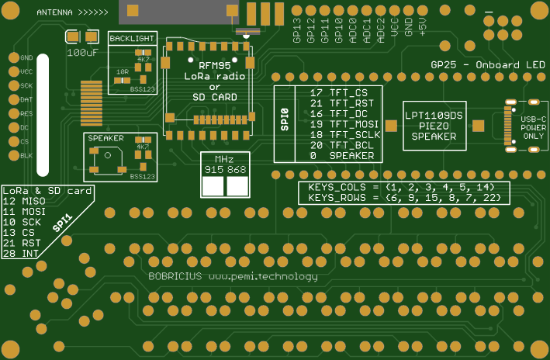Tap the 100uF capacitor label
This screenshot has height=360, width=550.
pyautogui.click(x=82, y=53)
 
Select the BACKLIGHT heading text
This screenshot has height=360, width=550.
pyautogui.click(x=130, y=37)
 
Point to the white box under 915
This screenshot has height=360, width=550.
pyautogui.click(x=213, y=186)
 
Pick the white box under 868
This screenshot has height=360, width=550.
pyautogui.click(x=237, y=186)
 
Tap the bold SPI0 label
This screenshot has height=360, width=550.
pyautogui.click(x=285, y=123)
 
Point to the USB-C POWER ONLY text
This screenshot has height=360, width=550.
pyautogui.click(x=532, y=125)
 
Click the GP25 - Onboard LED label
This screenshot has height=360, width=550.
pyautogui.click(x=487, y=65)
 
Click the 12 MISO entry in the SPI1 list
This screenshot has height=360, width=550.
pyautogui.click(x=25, y=201)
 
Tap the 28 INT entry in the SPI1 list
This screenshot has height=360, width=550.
pyautogui.click(x=22, y=254)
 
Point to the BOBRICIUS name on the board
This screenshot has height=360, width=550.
pyautogui.click(x=175, y=277)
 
